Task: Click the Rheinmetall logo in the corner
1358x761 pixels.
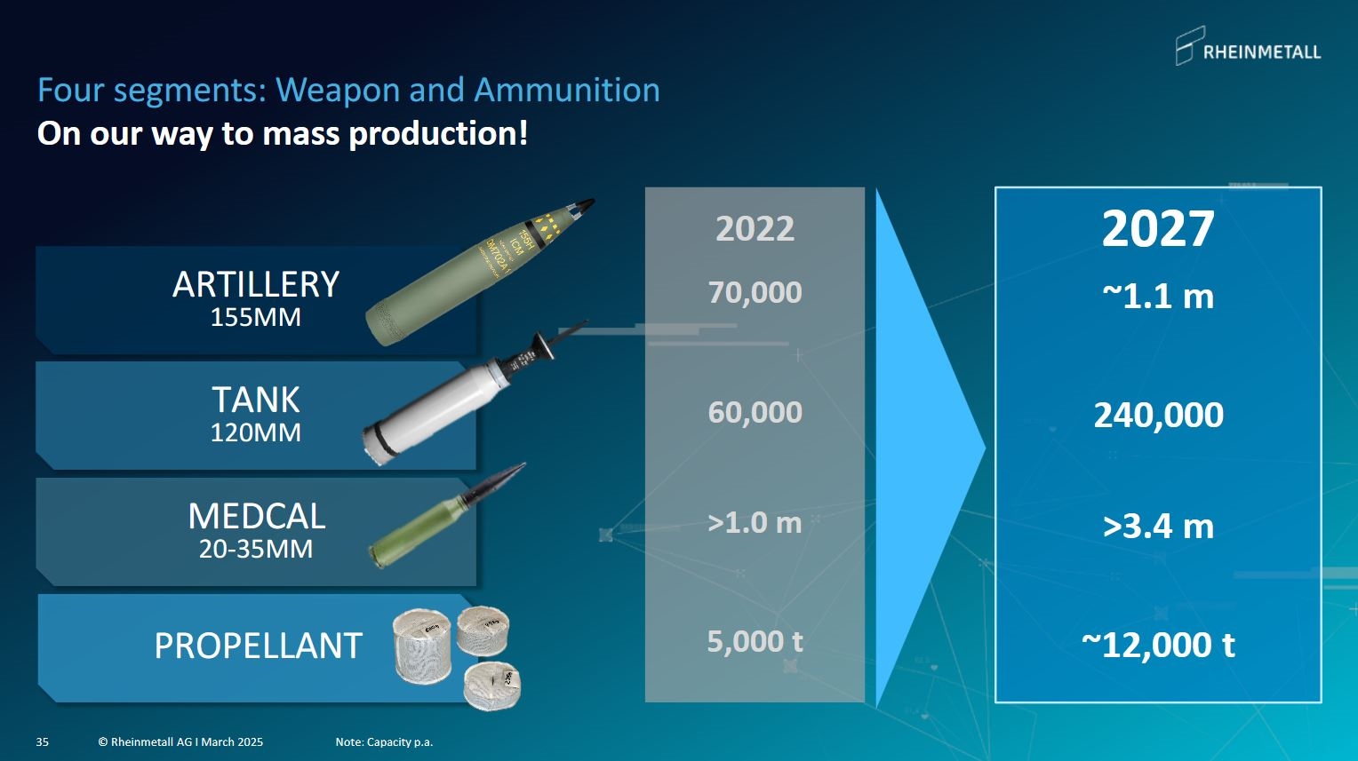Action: [1249, 46]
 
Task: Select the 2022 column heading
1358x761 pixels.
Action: [755, 229]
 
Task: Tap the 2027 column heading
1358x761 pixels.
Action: [1158, 228]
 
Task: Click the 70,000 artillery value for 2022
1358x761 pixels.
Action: [755, 292]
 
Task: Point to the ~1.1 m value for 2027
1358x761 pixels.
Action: [1158, 297]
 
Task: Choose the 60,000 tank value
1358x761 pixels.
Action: [755, 412]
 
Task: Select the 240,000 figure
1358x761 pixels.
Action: [1159, 415]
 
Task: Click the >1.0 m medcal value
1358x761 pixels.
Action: [755, 522]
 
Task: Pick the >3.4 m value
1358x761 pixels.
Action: [1159, 526]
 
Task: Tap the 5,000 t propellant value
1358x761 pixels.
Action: [755, 641]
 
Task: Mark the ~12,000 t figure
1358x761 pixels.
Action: [1159, 645]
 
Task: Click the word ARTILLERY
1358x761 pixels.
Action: [256, 284]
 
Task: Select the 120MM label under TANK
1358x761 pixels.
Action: [256, 432]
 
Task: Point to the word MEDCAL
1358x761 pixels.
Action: [257, 516]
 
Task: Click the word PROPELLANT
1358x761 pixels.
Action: [259, 646]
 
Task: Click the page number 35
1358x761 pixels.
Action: [43, 741]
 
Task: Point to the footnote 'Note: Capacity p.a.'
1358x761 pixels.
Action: [384, 741]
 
